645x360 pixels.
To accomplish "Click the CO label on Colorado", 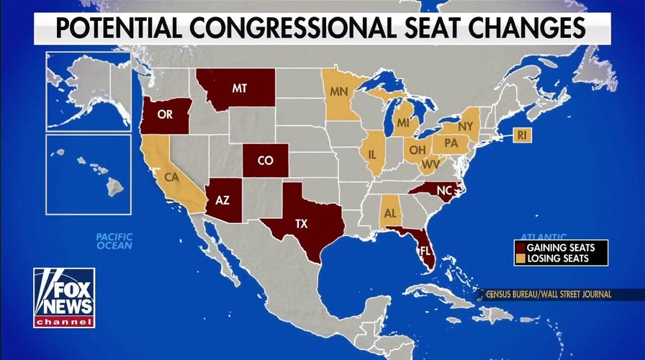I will [265, 161].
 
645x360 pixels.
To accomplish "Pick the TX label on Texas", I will [302, 224].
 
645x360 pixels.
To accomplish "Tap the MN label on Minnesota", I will [340, 92].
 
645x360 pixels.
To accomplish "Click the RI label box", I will [522, 133].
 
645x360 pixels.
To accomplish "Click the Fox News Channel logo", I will [64, 297].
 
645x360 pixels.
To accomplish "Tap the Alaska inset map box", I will [89, 91].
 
